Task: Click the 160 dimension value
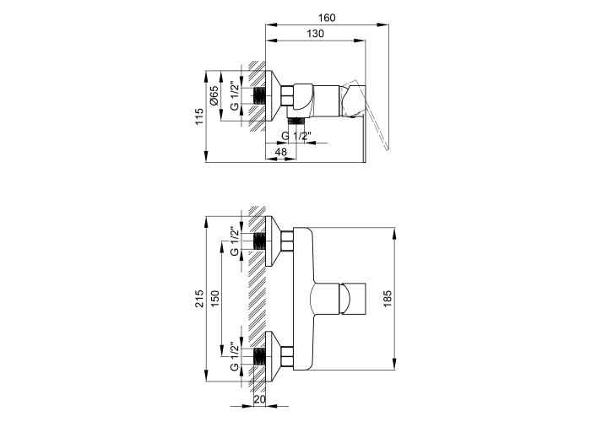[x=327, y=18]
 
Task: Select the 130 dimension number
[x=315, y=34]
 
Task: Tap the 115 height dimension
[x=199, y=116]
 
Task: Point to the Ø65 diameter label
[x=214, y=96]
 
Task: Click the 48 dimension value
[x=281, y=151]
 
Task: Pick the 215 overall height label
[x=199, y=299]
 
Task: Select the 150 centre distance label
[x=214, y=299]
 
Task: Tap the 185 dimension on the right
[x=388, y=299]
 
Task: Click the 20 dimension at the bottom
[x=260, y=398]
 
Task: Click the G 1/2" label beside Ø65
[x=234, y=96]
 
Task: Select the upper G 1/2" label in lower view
[x=234, y=241]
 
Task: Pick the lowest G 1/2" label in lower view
[x=234, y=356]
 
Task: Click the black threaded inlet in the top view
[x=259, y=96]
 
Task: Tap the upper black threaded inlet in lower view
[x=259, y=241]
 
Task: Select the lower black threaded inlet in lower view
[x=259, y=356]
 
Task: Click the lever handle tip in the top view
[x=387, y=148]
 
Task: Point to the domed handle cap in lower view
[x=345, y=298]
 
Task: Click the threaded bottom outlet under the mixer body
[x=295, y=121]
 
